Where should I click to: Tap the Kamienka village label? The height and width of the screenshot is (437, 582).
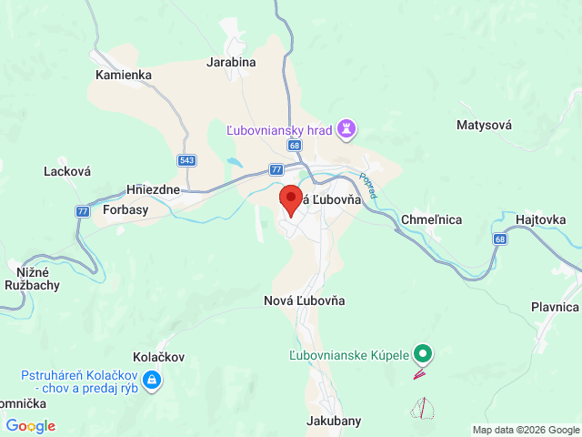tap(123, 75)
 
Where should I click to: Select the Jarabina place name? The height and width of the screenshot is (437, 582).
tap(231, 62)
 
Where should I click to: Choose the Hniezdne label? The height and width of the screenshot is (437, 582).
tap(155, 190)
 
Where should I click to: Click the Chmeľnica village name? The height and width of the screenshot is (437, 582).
tap(431, 219)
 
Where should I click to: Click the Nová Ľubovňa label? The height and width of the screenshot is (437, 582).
tap(304, 300)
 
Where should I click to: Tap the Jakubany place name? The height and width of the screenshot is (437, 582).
tap(335, 421)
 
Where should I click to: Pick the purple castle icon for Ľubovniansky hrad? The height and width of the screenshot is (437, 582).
tap(346, 130)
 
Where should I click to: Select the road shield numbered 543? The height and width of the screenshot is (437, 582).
tap(187, 161)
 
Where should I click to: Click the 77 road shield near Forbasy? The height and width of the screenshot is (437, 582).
tap(83, 211)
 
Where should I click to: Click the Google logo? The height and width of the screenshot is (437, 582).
tap(30, 426)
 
